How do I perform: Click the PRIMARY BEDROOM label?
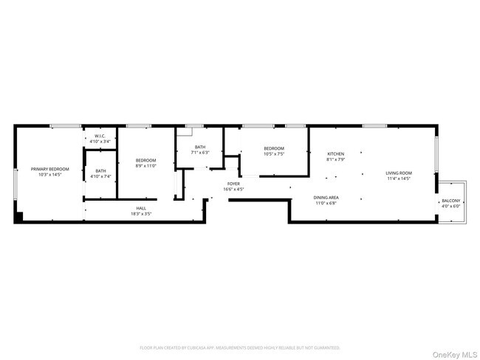coord(49,169)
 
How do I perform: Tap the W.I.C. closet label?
coord(100,136)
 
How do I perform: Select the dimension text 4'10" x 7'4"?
coord(100,176)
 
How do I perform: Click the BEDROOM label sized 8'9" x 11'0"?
coord(145,160)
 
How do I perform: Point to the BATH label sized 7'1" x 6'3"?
coord(200,148)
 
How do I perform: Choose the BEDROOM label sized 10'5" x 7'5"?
coord(274,149)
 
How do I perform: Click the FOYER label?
coord(233,184)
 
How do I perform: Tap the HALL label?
coord(140,208)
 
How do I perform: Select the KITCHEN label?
coord(336,153)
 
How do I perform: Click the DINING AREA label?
coord(326,198)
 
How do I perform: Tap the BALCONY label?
coord(450,201)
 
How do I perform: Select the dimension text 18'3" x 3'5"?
coord(140,213)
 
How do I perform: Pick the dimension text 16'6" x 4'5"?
coord(233,189)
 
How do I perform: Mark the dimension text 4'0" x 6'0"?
coord(450,207)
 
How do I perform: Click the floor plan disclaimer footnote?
coord(239,347)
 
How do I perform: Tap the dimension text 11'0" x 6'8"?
coord(326,203)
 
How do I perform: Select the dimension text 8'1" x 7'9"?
coord(336,159)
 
